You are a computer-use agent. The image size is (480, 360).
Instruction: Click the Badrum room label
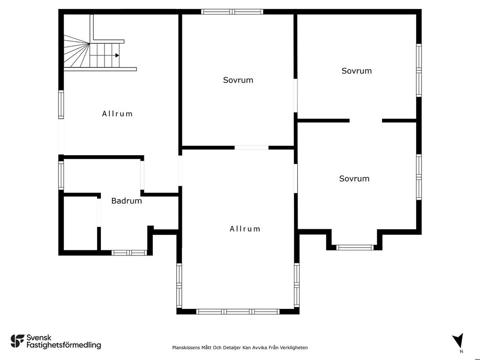(127, 201)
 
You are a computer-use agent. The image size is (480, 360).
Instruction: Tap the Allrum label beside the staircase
(117, 114)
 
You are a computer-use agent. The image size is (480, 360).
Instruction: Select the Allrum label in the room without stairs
(245, 229)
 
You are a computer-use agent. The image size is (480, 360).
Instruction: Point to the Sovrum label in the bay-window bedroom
(354, 179)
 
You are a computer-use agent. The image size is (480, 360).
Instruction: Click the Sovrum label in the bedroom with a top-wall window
(238, 80)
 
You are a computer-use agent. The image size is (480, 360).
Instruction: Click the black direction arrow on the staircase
(117, 55)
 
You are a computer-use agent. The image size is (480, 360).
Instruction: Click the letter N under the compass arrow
(461, 352)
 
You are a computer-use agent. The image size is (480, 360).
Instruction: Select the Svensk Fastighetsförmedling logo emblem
(17, 341)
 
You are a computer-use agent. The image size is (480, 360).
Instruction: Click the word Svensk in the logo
(39, 337)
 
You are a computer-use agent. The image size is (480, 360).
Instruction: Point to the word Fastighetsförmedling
(64, 345)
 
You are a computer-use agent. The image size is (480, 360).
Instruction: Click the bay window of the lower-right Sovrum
(355, 247)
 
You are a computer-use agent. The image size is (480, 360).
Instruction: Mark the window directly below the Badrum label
(129, 253)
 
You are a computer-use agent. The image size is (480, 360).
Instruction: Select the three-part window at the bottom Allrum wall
(238, 312)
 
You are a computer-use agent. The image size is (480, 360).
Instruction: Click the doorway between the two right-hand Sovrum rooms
(366, 120)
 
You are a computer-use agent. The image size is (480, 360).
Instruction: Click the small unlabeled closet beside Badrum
(80, 224)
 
